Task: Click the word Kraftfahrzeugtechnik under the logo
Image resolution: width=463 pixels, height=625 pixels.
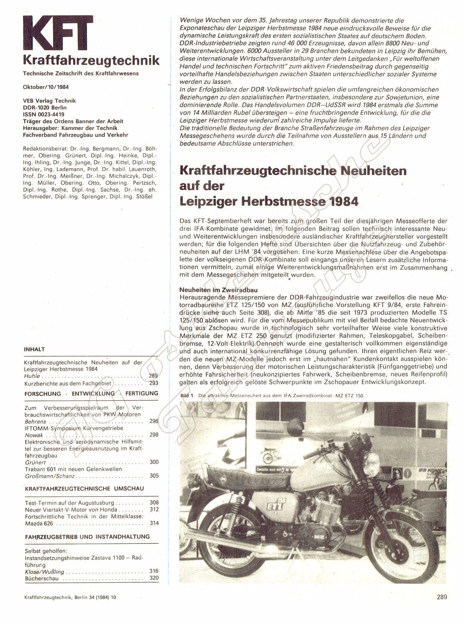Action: point(91,60)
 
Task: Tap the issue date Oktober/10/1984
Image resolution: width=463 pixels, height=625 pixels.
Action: point(43,87)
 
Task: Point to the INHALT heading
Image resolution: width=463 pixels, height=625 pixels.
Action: point(34,349)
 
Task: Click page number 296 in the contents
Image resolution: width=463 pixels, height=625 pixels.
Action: point(154,421)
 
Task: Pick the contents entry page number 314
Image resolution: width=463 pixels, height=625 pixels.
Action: point(154,523)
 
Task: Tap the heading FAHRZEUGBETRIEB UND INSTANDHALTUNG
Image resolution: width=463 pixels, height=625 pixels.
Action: point(87,536)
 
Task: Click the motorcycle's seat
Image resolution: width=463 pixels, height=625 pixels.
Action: point(239,477)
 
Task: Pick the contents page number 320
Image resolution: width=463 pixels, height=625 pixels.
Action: point(154,578)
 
